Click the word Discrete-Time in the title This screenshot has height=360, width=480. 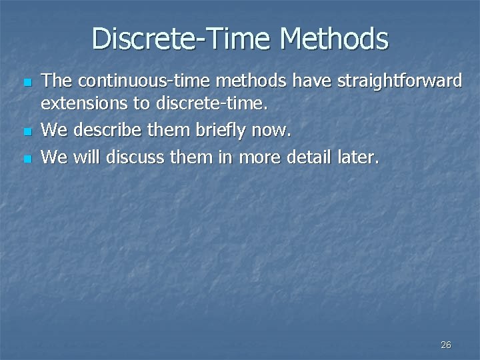(x=182, y=38)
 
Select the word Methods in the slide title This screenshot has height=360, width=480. (x=334, y=38)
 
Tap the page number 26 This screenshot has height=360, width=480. (x=446, y=345)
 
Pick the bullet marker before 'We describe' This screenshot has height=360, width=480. (x=27, y=133)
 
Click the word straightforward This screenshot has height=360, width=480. (x=399, y=81)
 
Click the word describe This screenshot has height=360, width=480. (x=104, y=131)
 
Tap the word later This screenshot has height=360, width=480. (x=360, y=157)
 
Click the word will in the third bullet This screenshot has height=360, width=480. (x=85, y=157)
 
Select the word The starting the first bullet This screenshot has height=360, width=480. (x=57, y=81)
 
